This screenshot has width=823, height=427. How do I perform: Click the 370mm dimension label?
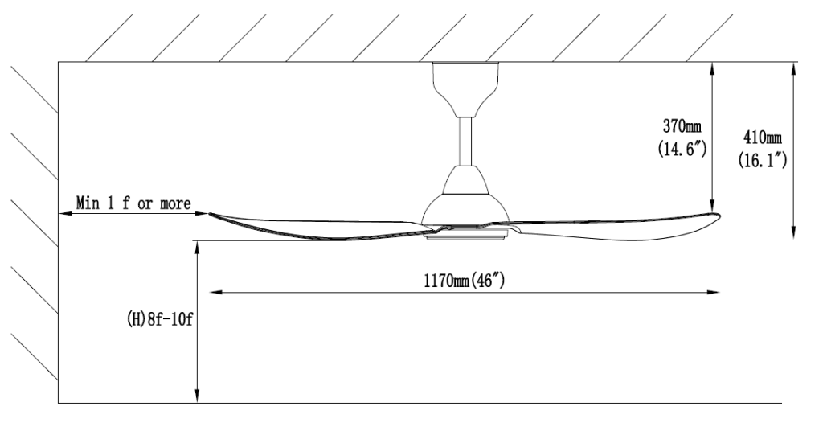681,127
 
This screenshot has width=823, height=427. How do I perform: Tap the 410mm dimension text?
760,138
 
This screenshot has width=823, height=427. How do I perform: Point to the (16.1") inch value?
761,160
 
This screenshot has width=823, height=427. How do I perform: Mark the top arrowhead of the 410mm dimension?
793,68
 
